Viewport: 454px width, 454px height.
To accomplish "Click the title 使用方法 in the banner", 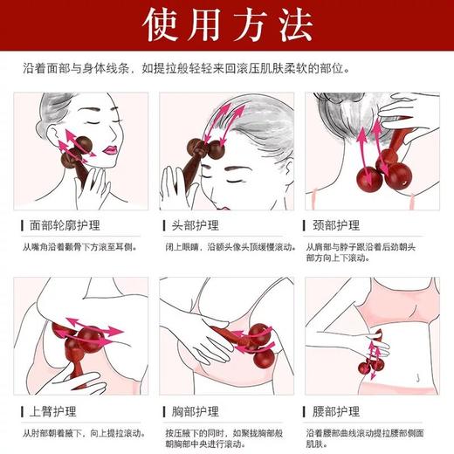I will point(226,26).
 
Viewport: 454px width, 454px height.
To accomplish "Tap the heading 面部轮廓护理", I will point(67,225).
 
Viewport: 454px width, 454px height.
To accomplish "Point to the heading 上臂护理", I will point(55,410).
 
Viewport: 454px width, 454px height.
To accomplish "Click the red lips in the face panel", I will point(112,149).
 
